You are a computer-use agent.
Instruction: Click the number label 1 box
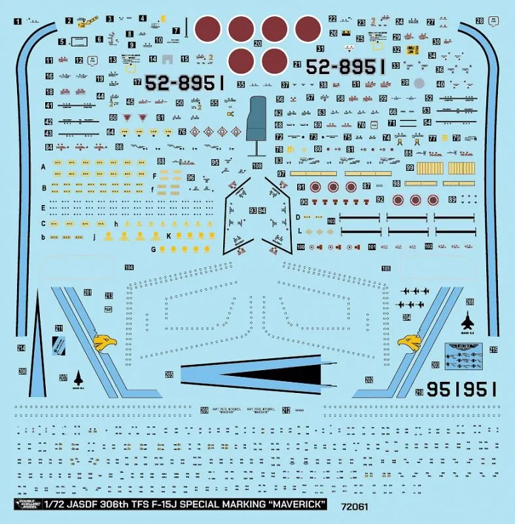[x=18, y=21]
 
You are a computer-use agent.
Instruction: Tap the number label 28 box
[x=480, y=21]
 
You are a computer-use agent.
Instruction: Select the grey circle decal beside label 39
[x=419, y=83]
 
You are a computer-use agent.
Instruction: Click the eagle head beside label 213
[x=105, y=342]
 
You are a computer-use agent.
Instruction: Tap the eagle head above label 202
[x=409, y=342]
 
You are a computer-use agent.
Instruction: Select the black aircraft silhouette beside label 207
[x=79, y=378]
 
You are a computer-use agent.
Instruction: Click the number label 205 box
[x=169, y=375]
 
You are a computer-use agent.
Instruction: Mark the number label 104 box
[x=129, y=267]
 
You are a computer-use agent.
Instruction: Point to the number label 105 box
[x=386, y=269]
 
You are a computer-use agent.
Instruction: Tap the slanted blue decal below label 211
[x=58, y=345]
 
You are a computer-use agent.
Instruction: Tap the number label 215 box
[x=493, y=350]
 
